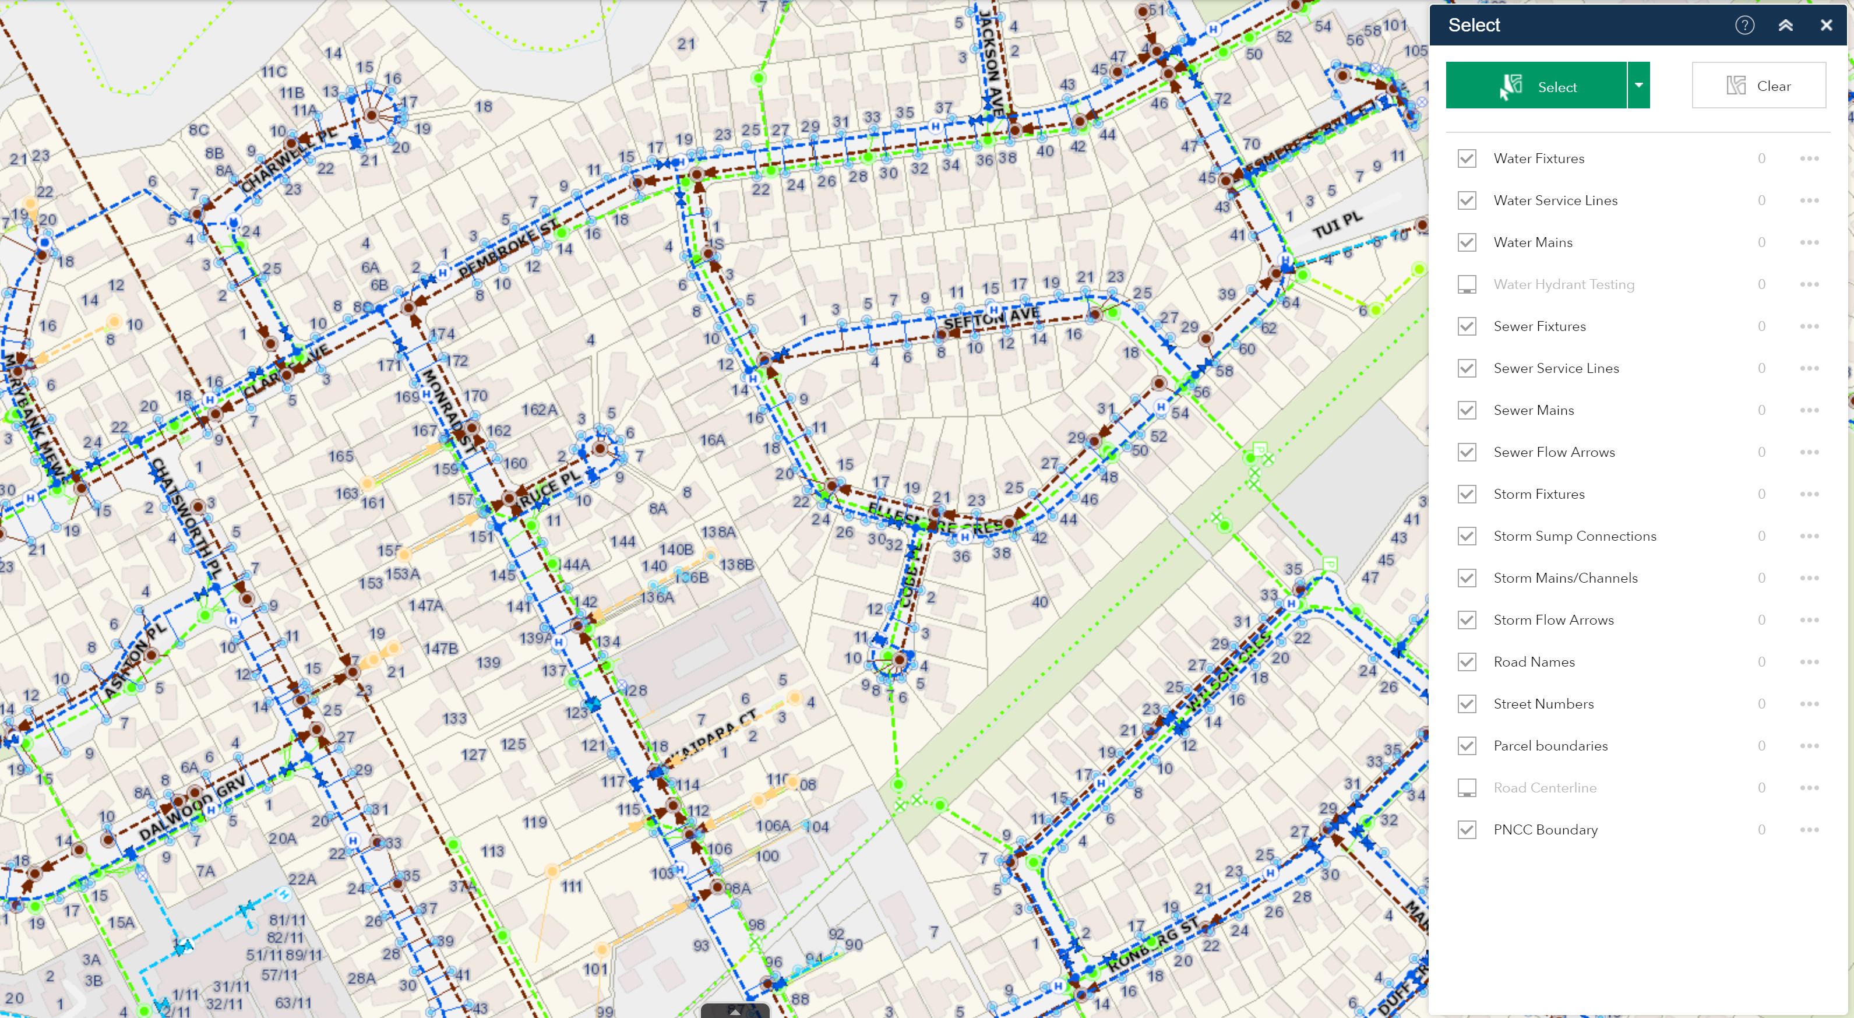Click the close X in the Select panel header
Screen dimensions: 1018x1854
coord(1825,25)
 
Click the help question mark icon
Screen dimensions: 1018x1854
coord(1744,25)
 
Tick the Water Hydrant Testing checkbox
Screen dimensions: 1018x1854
coord(1466,284)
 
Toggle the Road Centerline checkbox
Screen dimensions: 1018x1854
coord(1466,788)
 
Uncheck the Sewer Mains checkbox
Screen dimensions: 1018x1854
coord(1466,410)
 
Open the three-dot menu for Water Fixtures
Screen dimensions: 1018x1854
coord(1809,158)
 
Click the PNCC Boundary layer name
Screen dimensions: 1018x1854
coord(1545,829)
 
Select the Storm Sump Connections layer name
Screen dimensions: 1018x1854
coord(1574,536)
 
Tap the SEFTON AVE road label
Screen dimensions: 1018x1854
coord(991,318)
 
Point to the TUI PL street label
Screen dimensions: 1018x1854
coord(1337,224)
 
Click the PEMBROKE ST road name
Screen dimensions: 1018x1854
coord(508,248)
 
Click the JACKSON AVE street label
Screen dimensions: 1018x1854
coord(991,64)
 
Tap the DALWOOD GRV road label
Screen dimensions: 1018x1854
coord(192,808)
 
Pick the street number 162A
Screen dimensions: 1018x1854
coord(539,410)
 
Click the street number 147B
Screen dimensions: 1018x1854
coord(440,648)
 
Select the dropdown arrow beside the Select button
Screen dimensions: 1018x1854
coord(1638,86)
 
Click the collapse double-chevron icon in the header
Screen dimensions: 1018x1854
coord(1785,25)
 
